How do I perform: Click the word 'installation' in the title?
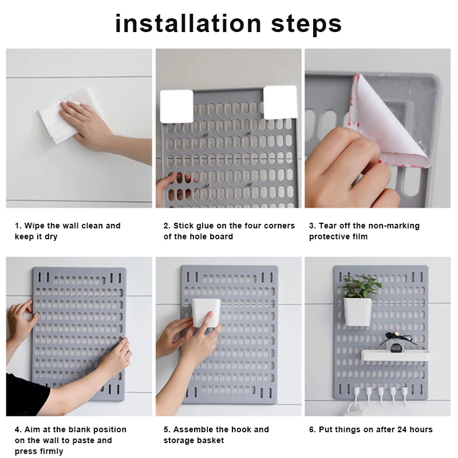point(178,23)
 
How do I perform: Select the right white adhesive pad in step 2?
point(280,102)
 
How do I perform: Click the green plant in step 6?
point(360,286)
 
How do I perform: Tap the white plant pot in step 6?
point(358,310)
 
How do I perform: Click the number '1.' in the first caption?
point(18,226)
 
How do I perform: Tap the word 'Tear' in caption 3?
point(330,226)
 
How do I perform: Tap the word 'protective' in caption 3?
point(330,236)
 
